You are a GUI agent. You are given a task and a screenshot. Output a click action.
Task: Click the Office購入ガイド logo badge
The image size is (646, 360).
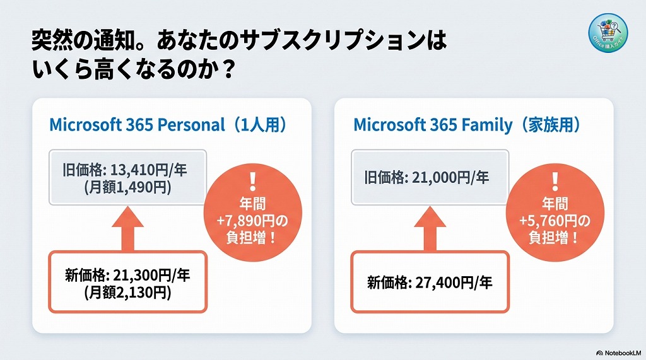608,32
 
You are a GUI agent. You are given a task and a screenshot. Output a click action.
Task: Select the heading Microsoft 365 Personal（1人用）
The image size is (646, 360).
168,124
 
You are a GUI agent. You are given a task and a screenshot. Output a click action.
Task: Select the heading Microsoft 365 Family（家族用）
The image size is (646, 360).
466,124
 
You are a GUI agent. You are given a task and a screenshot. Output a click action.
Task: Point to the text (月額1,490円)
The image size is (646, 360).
127,187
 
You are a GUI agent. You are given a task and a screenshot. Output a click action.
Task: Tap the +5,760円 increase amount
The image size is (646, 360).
554,221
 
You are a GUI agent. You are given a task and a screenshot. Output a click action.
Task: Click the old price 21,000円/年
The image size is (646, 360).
426,178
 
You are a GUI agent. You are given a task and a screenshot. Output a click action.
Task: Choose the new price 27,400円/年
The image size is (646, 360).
430,282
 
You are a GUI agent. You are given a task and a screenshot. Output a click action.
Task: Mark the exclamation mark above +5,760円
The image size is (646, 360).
554,180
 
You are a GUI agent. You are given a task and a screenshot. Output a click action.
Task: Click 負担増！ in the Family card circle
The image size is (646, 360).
554,238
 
